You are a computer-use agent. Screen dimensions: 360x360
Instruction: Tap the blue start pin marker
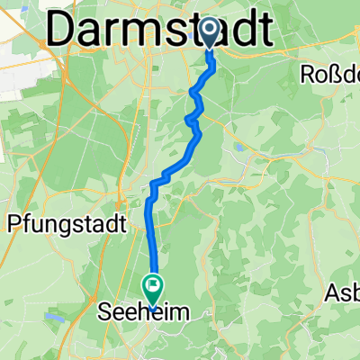tap(209, 34)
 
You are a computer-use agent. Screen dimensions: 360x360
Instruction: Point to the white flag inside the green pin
tap(151, 287)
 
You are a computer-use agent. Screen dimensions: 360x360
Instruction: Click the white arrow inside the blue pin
tap(209, 31)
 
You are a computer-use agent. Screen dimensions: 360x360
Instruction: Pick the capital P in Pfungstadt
tap(14, 222)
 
